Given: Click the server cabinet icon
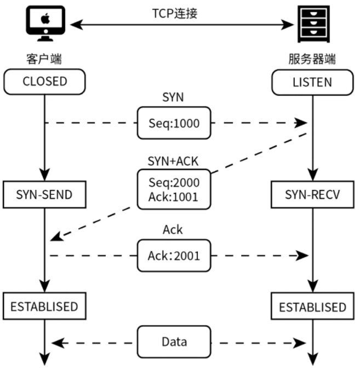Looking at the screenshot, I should click(313, 25).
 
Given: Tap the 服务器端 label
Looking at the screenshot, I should click(312, 59).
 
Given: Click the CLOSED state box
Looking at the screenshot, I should click(44, 82).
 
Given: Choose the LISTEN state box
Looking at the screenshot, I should click(312, 83).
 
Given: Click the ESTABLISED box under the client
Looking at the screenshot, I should click(44, 306).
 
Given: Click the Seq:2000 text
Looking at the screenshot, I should click(174, 182).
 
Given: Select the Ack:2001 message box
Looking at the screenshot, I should click(173, 255).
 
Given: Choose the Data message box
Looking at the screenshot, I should click(174, 342).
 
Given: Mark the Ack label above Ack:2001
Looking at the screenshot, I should click(173, 230).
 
